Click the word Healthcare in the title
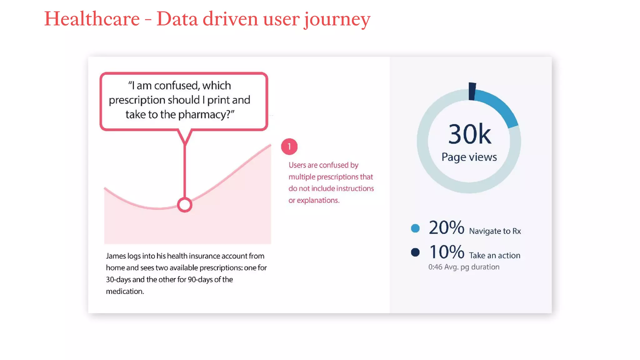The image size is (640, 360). pos(92,19)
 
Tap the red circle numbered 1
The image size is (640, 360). pos(289,147)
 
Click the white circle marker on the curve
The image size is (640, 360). pos(185,205)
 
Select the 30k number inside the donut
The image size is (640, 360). pos(469,134)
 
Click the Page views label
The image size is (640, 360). pos(469,157)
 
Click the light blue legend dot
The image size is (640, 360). pos(415,228)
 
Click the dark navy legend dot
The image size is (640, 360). pos(415,252)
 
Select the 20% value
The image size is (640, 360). pos(446,227)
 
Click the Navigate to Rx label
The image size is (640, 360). pos(495,231)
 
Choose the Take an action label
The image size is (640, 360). pos(494,256)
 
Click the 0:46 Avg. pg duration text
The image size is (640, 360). pos(464,267)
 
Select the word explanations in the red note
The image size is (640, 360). pos(318,200)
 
